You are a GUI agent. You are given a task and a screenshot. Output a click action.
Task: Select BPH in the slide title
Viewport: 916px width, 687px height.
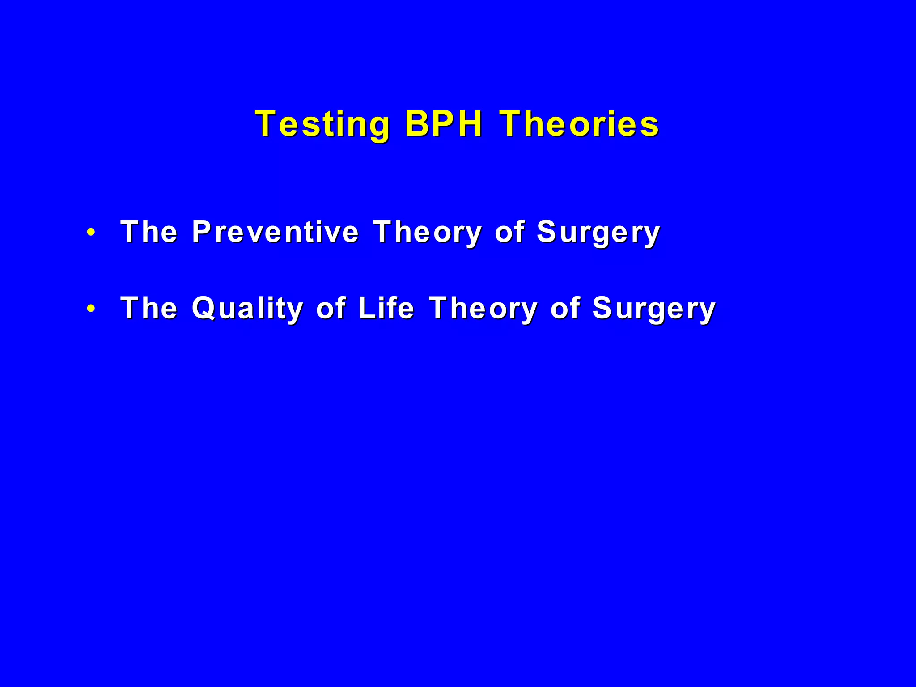pos(444,123)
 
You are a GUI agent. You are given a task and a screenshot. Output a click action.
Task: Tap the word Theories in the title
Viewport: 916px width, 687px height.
pos(579,123)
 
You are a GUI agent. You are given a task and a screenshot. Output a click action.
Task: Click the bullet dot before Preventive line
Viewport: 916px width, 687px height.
pos(91,233)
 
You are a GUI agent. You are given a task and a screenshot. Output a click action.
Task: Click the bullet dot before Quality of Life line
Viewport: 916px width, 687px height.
pos(91,309)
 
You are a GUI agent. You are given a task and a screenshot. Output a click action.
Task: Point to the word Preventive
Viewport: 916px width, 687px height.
pos(275,232)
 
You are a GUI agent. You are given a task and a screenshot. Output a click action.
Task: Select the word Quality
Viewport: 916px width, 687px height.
pos(247,309)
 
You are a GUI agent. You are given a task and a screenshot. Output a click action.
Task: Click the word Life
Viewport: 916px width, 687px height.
pos(386,308)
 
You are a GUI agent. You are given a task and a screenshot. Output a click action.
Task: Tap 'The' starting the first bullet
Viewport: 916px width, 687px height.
pos(149,232)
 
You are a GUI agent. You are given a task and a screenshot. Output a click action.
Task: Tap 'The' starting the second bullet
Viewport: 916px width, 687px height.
pos(149,308)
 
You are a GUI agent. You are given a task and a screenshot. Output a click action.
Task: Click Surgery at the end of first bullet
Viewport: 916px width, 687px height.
pos(598,233)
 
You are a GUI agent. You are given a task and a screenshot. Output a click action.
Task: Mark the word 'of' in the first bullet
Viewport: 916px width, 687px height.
pos(509,232)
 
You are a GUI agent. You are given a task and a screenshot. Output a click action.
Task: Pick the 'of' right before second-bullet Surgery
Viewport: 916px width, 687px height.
pos(565,308)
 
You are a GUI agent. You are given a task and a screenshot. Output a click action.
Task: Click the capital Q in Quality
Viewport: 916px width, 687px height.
pos(204,308)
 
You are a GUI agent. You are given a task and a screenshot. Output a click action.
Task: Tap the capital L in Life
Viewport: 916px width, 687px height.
pos(367,308)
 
